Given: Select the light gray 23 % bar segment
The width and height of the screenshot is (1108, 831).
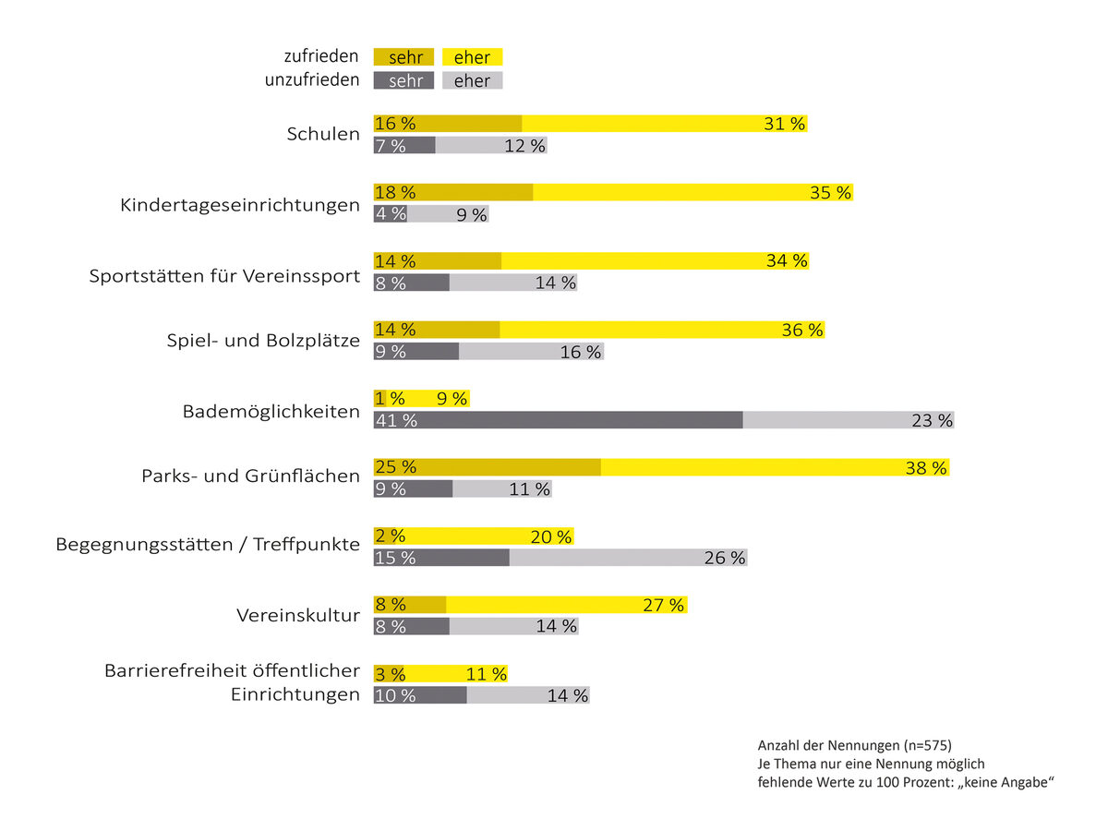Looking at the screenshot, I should (x=848, y=420).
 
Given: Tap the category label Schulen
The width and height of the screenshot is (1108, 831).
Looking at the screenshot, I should (x=323, y=135).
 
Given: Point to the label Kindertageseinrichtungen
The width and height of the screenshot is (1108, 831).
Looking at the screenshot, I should (x=240, y=205).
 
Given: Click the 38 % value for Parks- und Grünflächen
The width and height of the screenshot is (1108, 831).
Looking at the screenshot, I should (x=926, y=468).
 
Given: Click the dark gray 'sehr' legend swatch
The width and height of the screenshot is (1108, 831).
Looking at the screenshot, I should (x=403, y=80).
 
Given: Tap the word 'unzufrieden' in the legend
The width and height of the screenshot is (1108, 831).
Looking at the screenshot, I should (x=312, y=80).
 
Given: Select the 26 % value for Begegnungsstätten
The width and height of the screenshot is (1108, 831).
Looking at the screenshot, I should (x=724, y=558).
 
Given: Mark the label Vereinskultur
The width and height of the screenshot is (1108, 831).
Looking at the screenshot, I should (x=298, y=615).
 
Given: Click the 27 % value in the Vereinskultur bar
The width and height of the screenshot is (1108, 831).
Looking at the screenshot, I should (x=663, y=606).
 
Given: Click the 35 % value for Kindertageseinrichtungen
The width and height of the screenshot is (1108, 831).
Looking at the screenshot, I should (x=830, y=193).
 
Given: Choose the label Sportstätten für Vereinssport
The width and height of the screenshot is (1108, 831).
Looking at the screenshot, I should (x=224, y=276).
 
